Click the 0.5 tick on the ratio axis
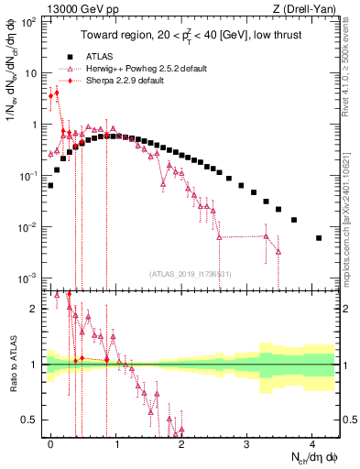(31, 420)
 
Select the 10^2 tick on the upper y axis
(27, 21)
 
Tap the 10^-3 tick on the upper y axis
(27, 278)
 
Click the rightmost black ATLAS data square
(319, 238)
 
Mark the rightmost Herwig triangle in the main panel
(278, 251)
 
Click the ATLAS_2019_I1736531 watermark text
(195, 274)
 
